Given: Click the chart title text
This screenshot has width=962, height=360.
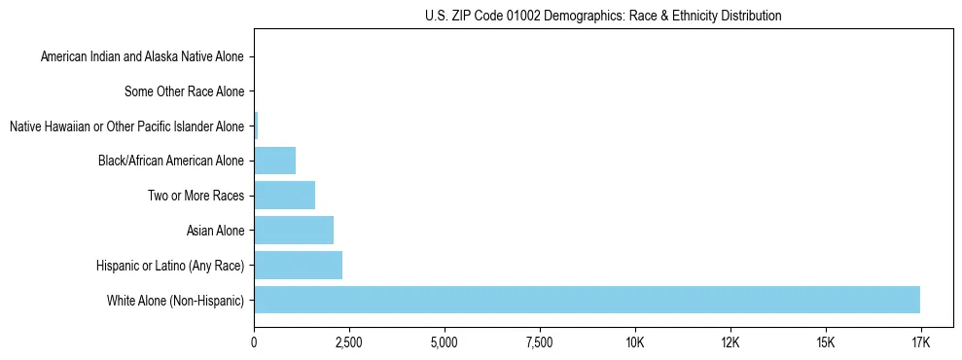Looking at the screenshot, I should tap(603, 16).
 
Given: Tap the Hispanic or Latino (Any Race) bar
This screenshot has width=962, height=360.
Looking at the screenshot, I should tap(298, 265).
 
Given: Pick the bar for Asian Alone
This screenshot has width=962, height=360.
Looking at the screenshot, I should tap(294, 230).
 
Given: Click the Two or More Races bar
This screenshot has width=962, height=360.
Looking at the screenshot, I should tap(284, 195).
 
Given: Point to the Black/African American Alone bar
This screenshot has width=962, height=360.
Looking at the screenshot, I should tap(274, 160).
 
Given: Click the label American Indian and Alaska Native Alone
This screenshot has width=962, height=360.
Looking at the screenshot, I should tap(143, 57).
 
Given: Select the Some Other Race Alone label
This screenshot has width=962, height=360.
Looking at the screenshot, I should tap(185, 92).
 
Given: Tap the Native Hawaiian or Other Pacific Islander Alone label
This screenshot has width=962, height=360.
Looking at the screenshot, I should tap(126, 126).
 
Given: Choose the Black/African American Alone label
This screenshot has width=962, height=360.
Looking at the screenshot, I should tap(171, 162).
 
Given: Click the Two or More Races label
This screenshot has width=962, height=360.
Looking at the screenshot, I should tap(196, 197).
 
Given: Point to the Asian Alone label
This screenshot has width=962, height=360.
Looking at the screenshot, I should tap(216, 231).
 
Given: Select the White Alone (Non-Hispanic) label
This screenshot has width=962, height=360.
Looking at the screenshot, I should tap(176, 301).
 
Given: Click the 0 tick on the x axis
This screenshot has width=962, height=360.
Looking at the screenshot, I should tap(254, 342).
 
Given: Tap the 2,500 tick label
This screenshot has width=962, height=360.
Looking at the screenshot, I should tap(349, 342).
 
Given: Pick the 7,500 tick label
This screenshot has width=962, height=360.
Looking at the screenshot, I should tap(540, 342).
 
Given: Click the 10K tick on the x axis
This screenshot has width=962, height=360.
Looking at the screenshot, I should tap(635, 342).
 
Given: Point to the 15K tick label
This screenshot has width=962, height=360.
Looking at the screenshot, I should tap(826, 342).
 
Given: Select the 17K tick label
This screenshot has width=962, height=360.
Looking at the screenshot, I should tap(920, 342).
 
